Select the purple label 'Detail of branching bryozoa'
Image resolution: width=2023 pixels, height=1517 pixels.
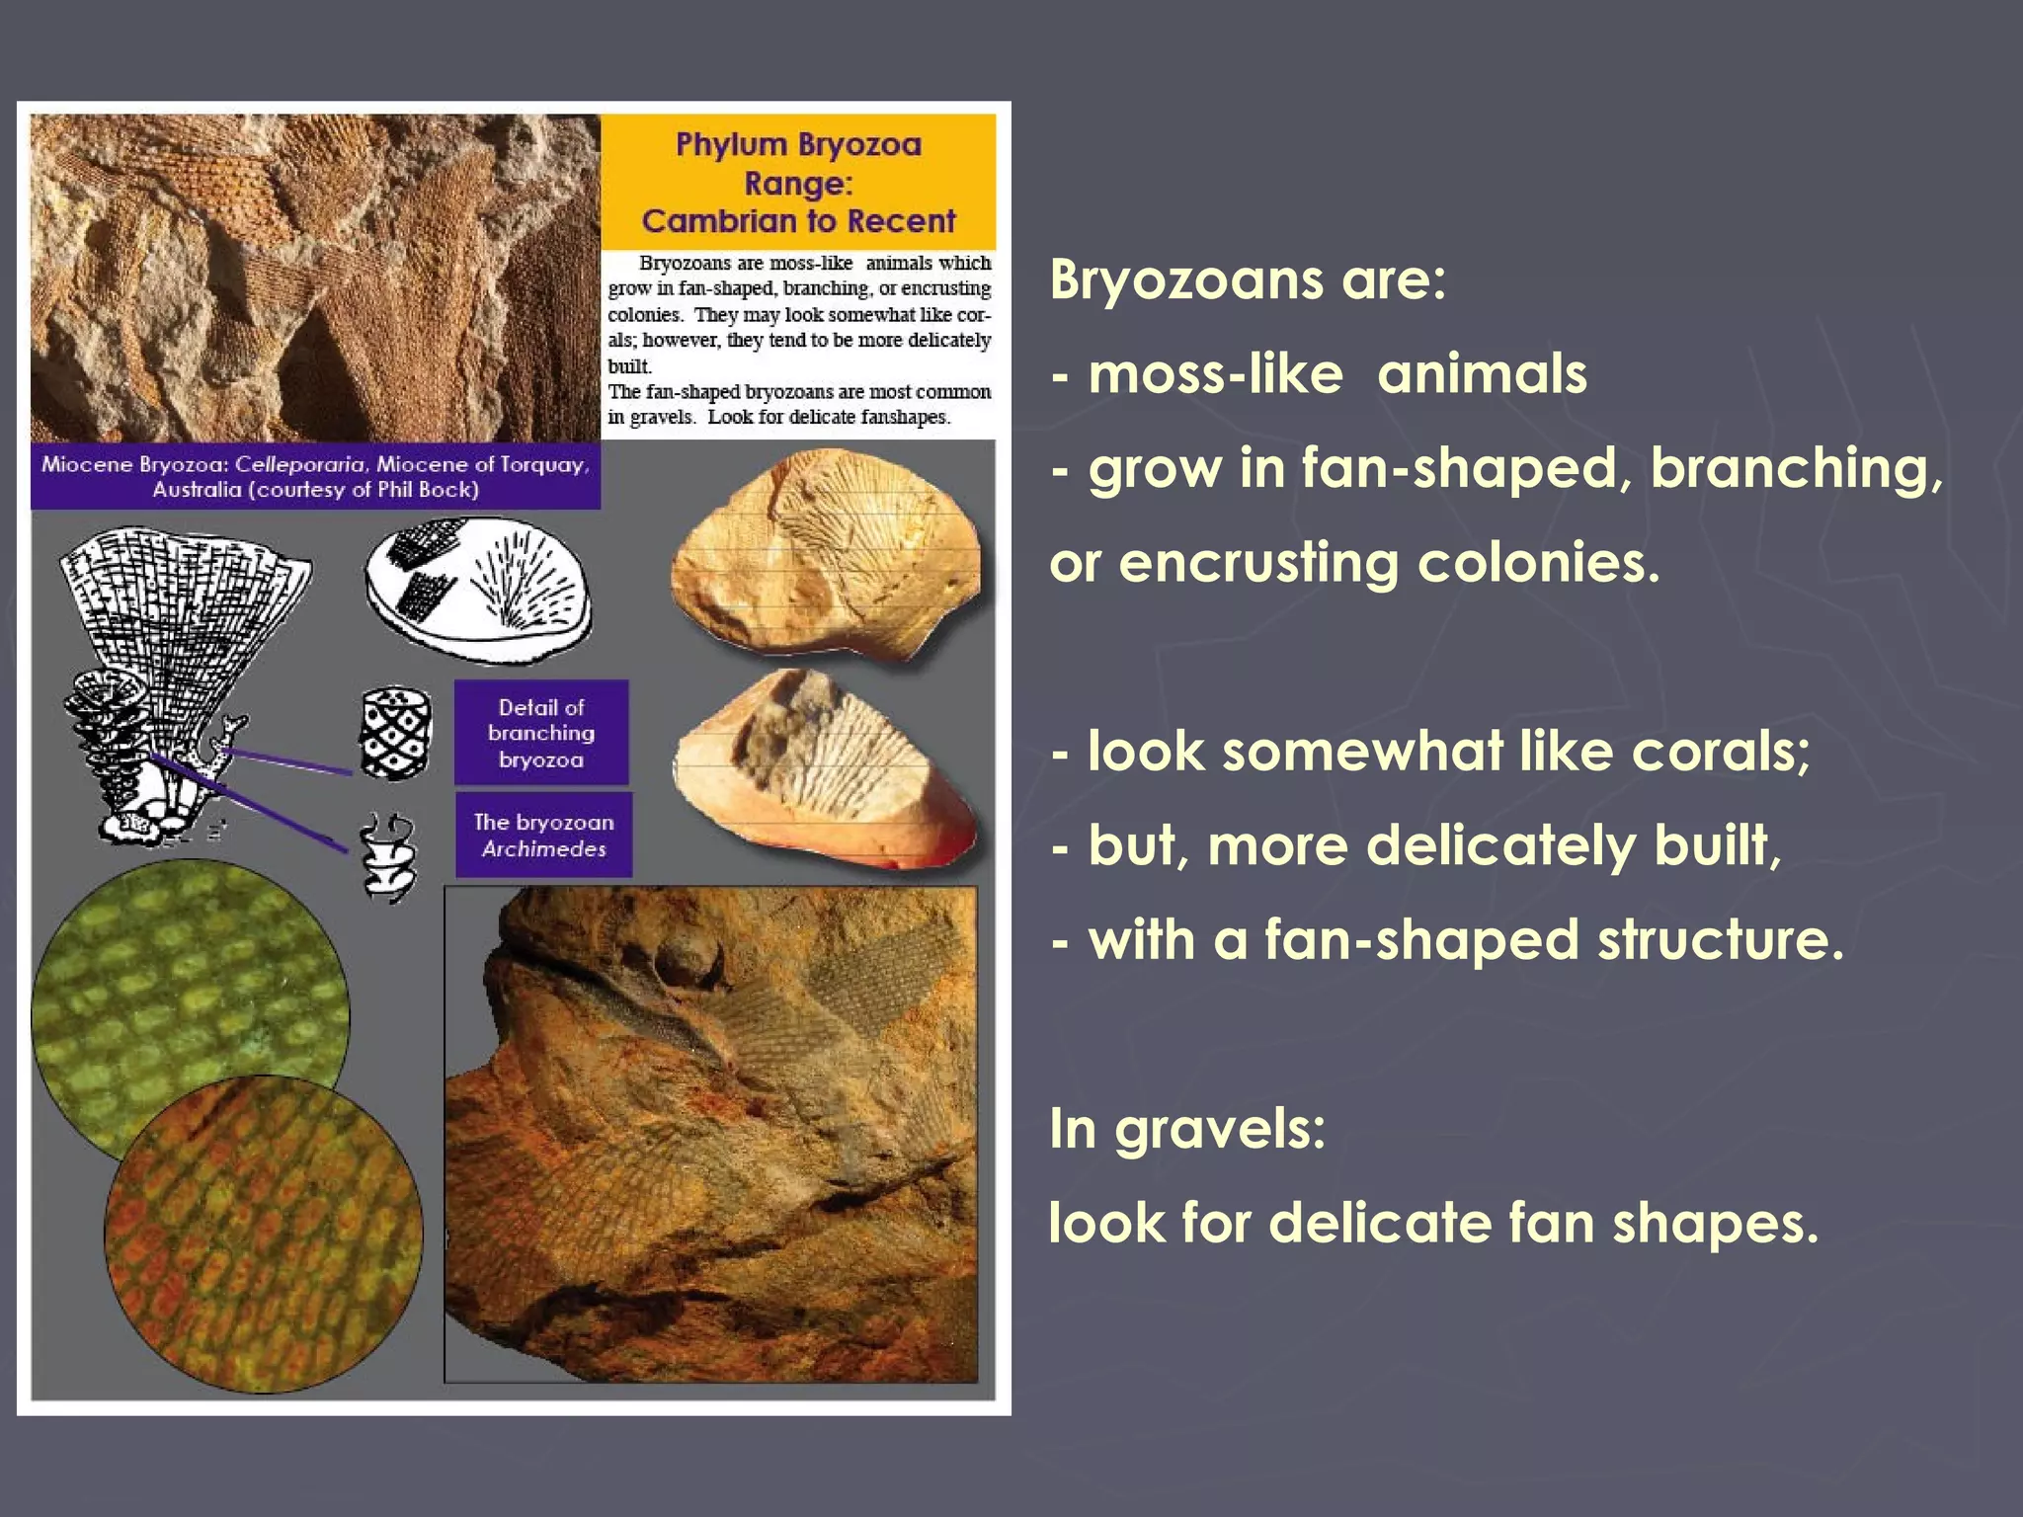pos(541,733)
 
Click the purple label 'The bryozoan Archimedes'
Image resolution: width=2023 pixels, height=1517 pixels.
pos(543,835)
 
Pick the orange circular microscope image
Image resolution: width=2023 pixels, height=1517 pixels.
pos(264,1235)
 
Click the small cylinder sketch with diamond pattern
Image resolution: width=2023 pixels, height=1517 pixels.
pos(396,733)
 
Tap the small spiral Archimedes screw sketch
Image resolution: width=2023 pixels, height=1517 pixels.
pos(387,855)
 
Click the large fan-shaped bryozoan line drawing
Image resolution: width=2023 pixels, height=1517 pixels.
pos(183,632)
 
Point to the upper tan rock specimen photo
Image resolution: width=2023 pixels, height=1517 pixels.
pos(828,553)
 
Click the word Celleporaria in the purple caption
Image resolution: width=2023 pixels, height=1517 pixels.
pos(300,464)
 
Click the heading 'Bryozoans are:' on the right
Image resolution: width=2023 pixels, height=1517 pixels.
pos(1248,280)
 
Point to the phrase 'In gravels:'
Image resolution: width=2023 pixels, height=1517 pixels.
pos(1186,1128)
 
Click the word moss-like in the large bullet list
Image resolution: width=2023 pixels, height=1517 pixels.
pos(1215,374)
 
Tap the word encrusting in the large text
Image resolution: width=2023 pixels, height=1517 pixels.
pos(1258,563)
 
